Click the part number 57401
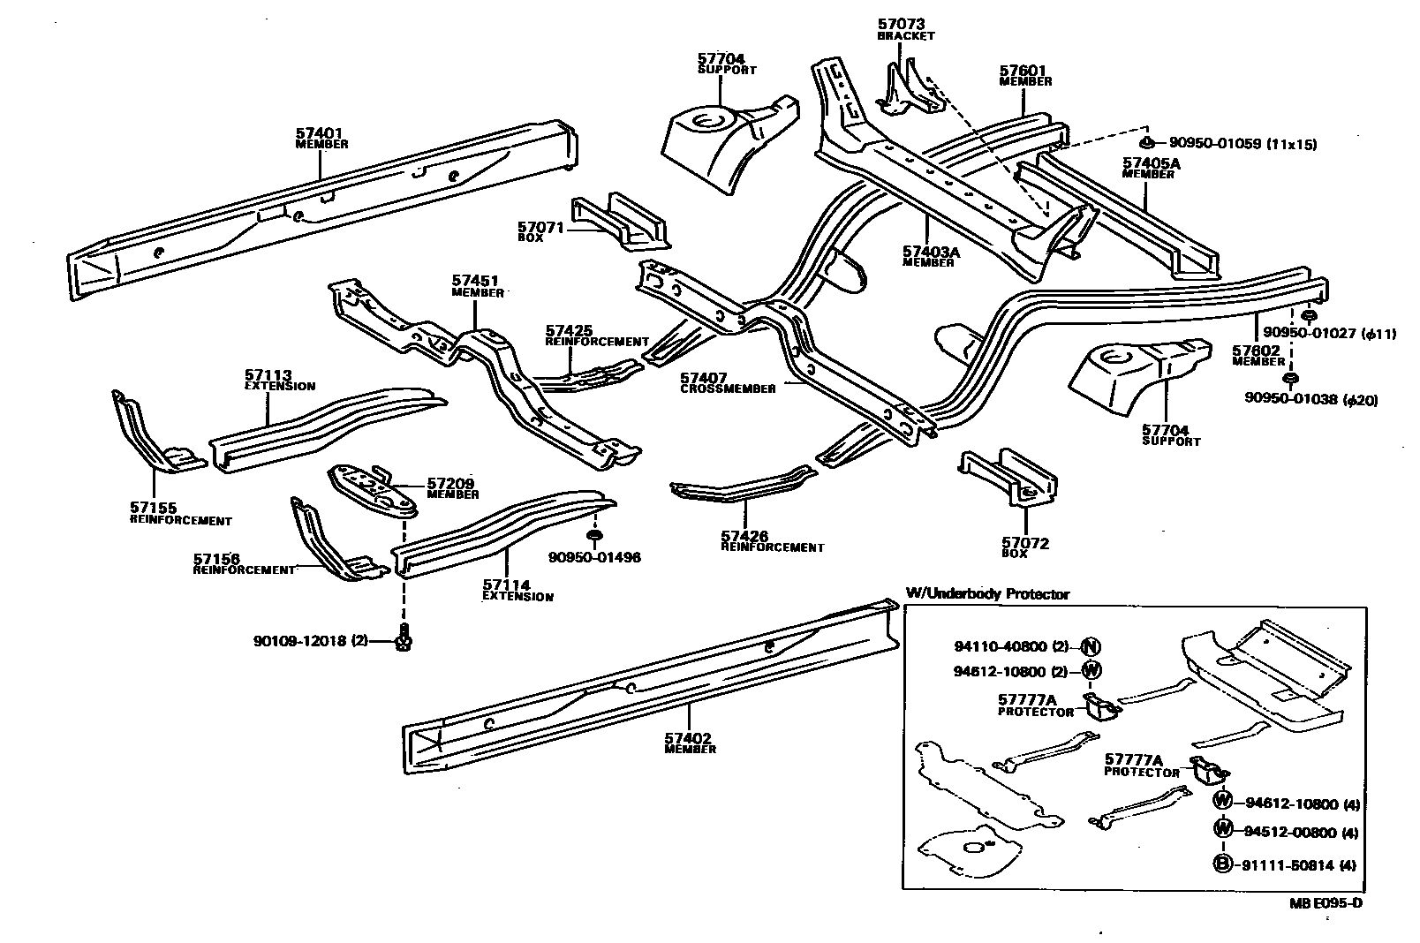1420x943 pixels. (319, 133)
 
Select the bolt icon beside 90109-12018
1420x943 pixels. (404, 639)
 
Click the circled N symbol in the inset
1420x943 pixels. (1091, 647)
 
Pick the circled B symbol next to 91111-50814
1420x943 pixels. (1222, 865)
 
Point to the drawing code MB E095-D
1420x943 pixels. (1324, 903)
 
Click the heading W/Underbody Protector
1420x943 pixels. (987, 594)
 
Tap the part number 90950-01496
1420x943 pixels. (594, 557)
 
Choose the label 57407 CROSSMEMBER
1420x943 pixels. (728, 382)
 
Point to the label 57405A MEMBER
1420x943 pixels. (1151, 168)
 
